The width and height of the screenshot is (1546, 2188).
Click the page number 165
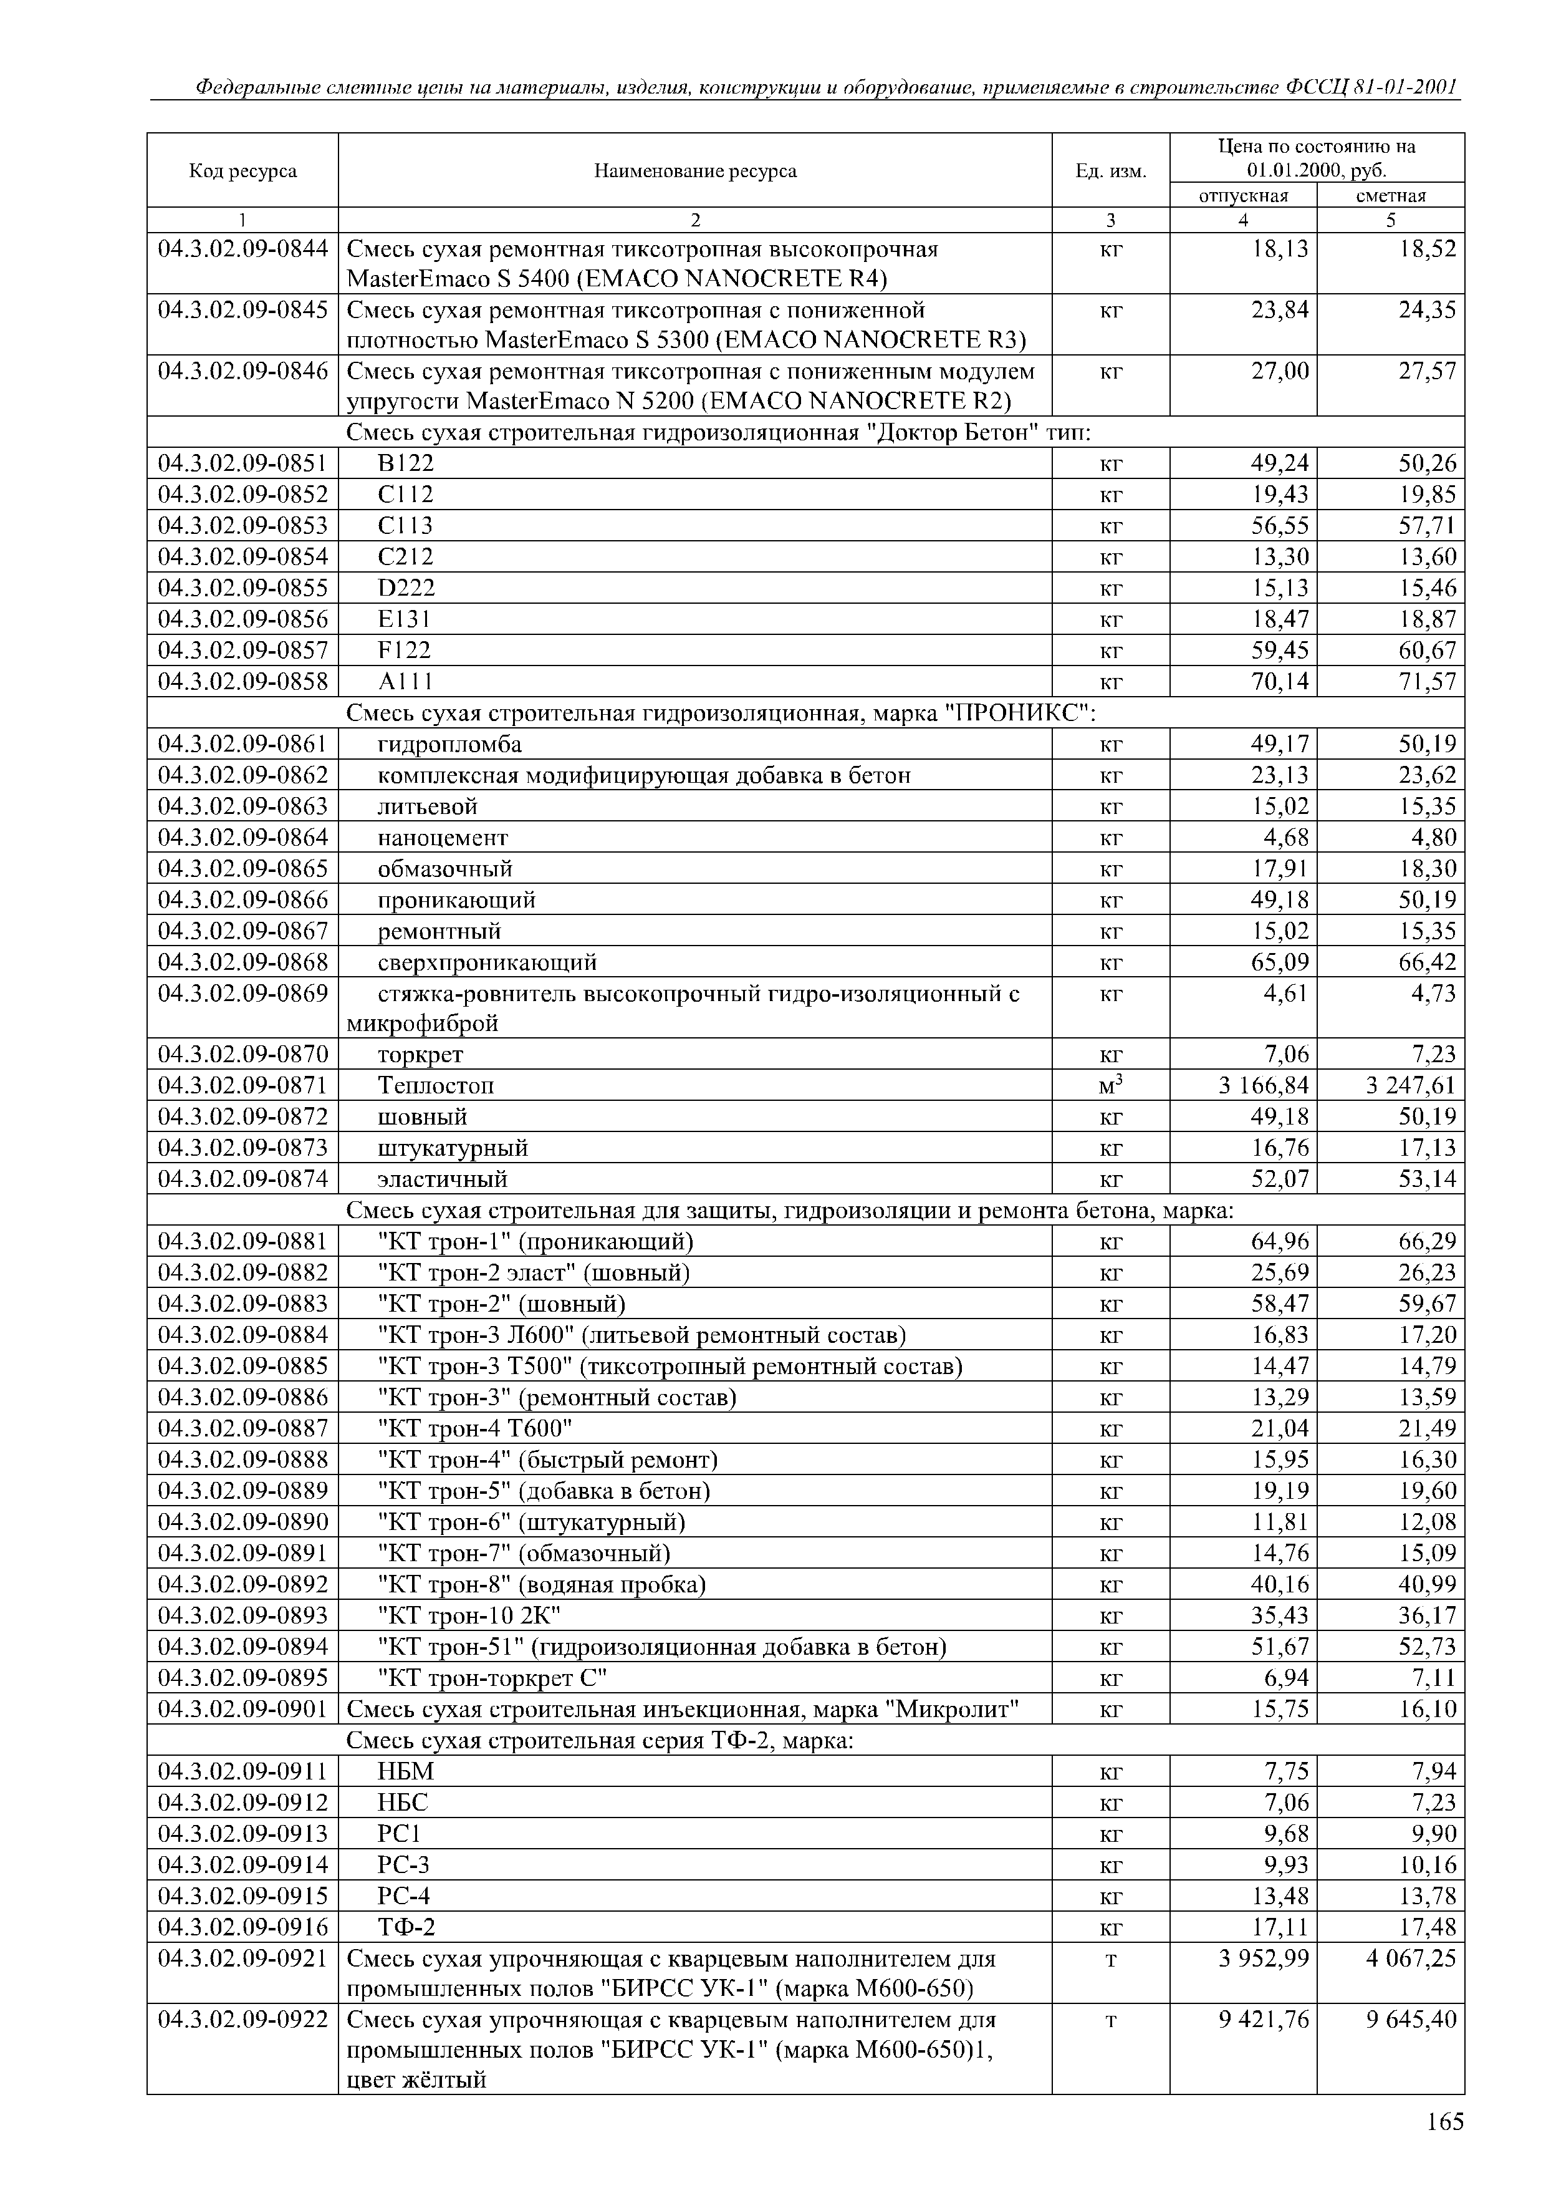[1444, 2123]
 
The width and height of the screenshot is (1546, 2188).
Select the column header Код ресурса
[243, 170]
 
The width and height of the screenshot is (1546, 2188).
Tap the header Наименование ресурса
[695, 170]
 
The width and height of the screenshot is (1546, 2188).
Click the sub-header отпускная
[1243, 195]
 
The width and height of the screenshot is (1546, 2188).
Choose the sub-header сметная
[1391, 195]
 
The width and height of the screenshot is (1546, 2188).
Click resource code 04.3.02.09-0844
[243, 249]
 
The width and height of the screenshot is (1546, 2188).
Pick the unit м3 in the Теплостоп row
[1111, 1085]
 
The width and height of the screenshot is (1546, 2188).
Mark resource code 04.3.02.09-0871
[243, 1085]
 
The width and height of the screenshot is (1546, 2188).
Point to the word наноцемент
[443, 838]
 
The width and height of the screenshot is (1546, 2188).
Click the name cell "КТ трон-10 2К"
[469, 1615]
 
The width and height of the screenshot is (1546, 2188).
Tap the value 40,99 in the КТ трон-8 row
[1428, 1584]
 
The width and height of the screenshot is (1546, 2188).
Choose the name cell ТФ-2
[406, 1927]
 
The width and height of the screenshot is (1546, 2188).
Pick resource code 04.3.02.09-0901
[243, 1708]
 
